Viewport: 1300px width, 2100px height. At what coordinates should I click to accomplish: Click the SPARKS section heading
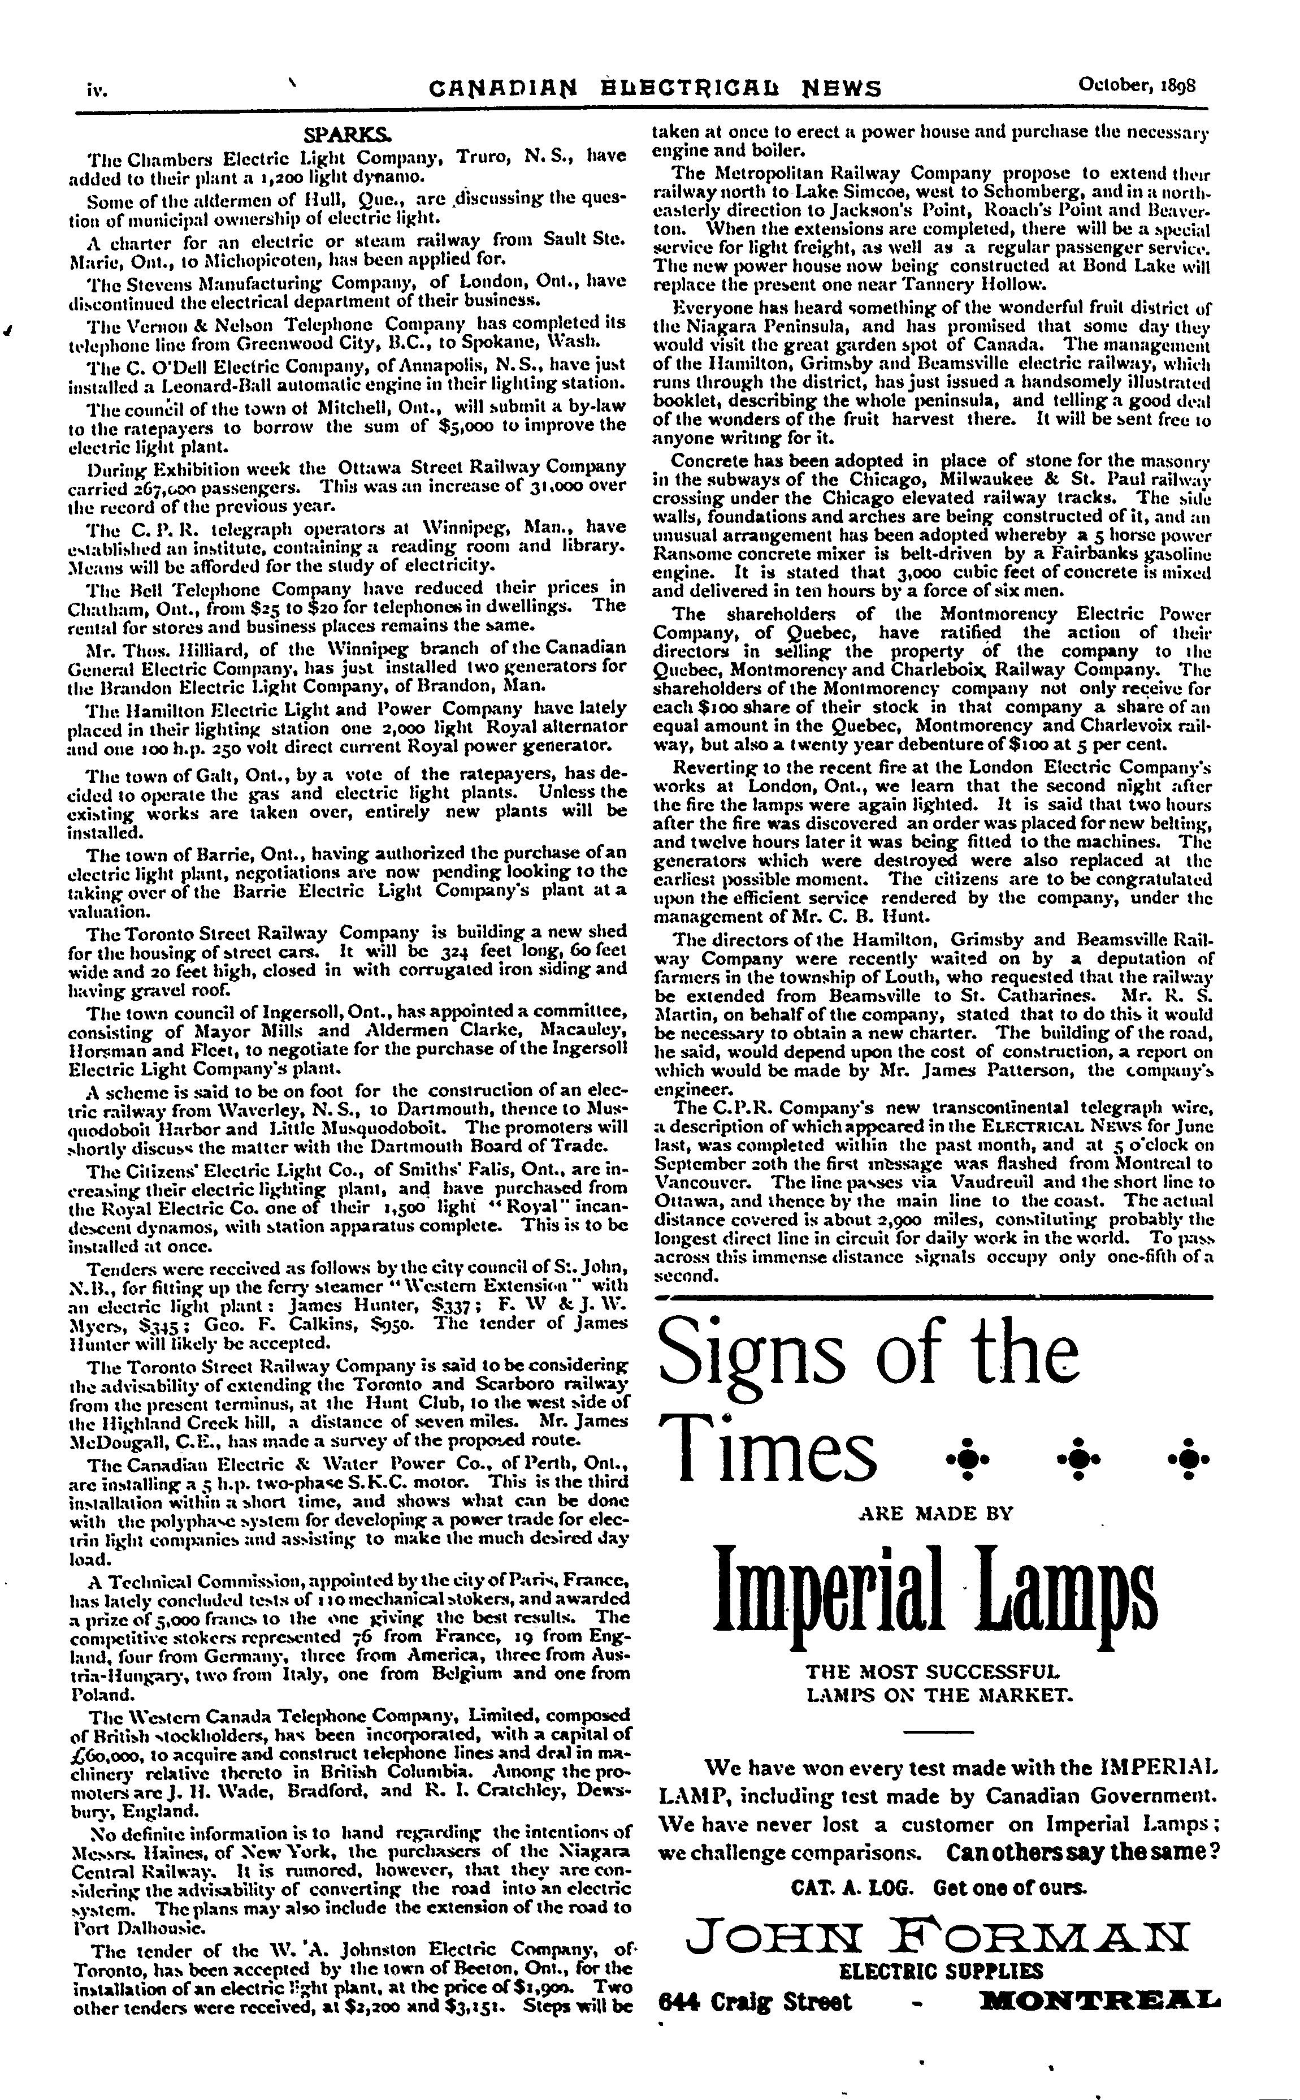click(348, 136)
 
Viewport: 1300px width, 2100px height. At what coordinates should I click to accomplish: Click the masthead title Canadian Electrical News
click(655, 88)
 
